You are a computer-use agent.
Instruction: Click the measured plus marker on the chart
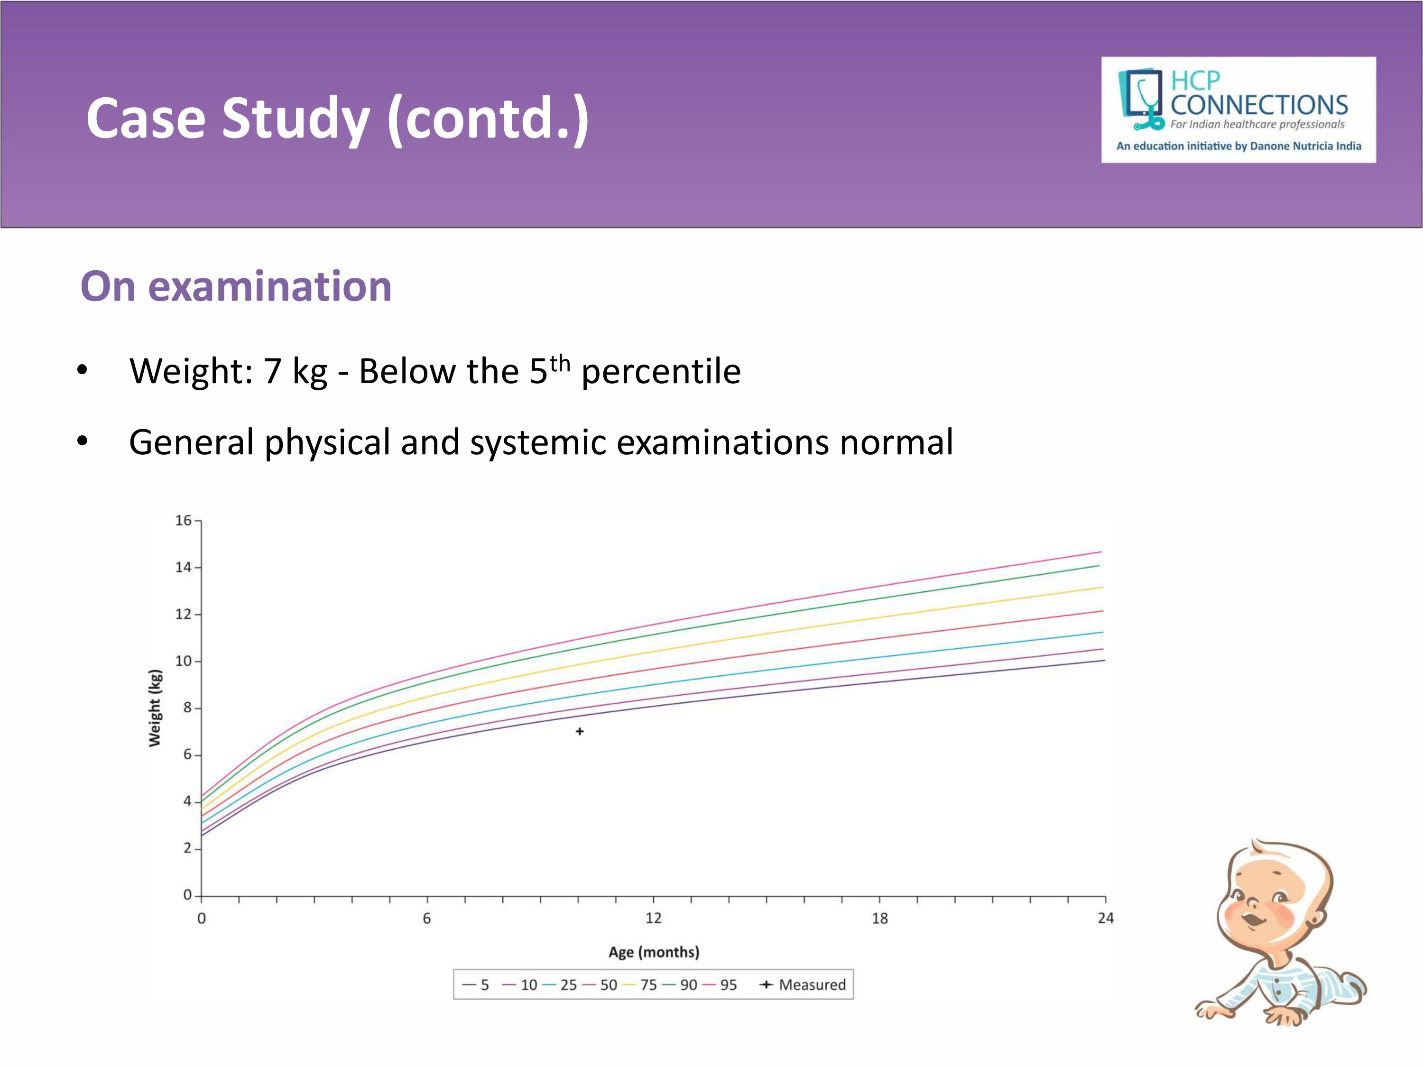click(x=580, y=731)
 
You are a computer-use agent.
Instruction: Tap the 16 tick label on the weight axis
click(x=184, y=520)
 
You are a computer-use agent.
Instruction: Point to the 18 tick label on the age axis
click(x=879, y=919)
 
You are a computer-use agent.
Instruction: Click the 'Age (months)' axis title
click(x=654, y=952)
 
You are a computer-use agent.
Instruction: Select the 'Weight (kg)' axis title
click(x=155, y=708)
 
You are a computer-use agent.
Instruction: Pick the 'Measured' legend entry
click(x=804, y=984)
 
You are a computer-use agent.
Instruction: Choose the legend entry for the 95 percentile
click(x=721, y=984)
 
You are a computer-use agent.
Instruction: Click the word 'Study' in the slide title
click(x=296, y=119)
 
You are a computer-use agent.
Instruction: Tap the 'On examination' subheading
click(x=236, y=286)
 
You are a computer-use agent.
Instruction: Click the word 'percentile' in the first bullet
click(x=661, y=372)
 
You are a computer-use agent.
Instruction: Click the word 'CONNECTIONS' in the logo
click(x=1259, y=105)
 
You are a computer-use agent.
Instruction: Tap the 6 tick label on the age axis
click(x=426, y=919)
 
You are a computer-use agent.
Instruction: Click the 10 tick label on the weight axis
click(x=184, y=661)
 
